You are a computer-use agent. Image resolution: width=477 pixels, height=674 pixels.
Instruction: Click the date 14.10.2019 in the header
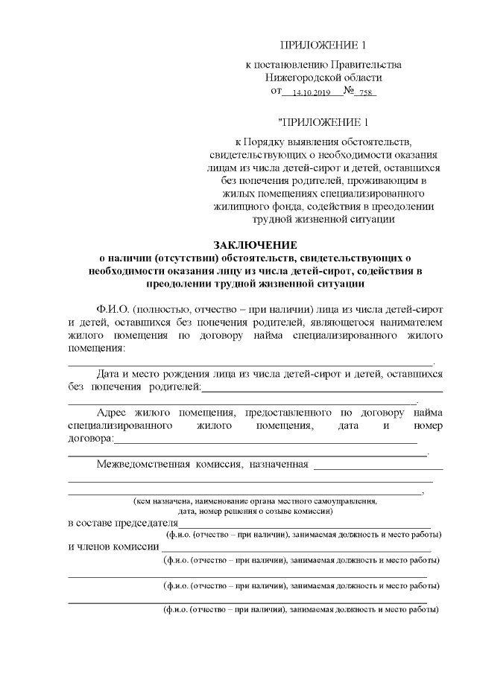311,93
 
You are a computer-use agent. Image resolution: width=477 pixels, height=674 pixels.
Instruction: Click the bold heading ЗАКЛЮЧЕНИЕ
255,245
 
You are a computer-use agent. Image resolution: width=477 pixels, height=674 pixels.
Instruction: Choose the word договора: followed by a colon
91,439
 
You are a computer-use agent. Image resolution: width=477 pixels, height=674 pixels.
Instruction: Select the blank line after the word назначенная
378,467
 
